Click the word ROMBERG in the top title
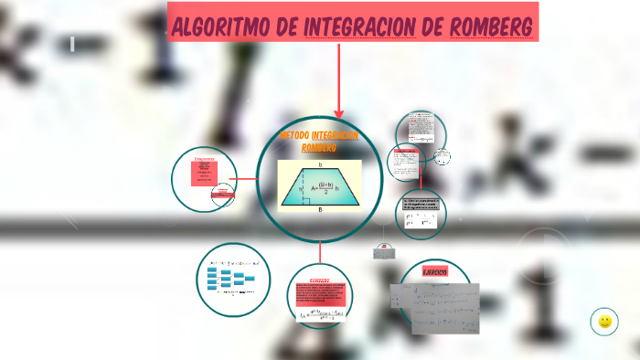tap(492, 26)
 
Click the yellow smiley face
tap(604, 321)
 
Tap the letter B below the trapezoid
tap(320, 209)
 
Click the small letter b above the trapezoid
tap(320, 164)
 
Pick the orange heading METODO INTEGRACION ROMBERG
tap(319, 141)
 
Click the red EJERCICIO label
tap(434, 272)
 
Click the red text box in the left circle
tap(203, 173)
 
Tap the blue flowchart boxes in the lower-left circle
tap(229, 279)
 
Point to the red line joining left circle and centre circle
tap(244, 179)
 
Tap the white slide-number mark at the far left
tap(71, 43)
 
